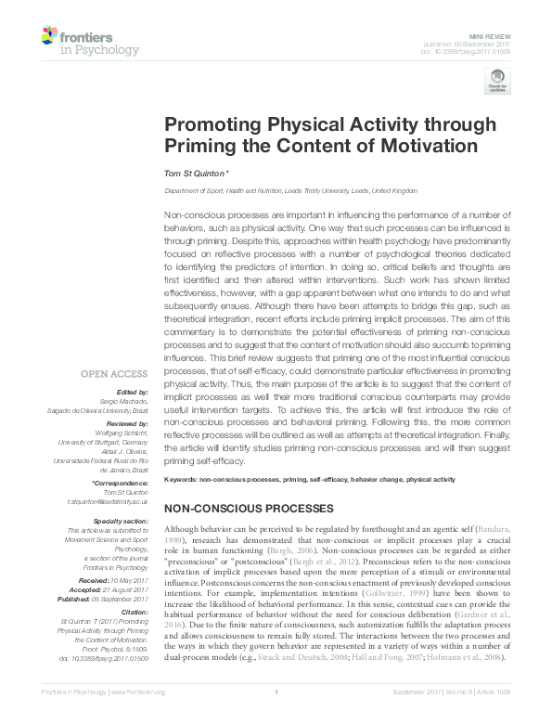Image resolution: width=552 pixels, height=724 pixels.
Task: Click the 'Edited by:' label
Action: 134,394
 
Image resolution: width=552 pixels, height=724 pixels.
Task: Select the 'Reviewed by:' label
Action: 126,421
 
